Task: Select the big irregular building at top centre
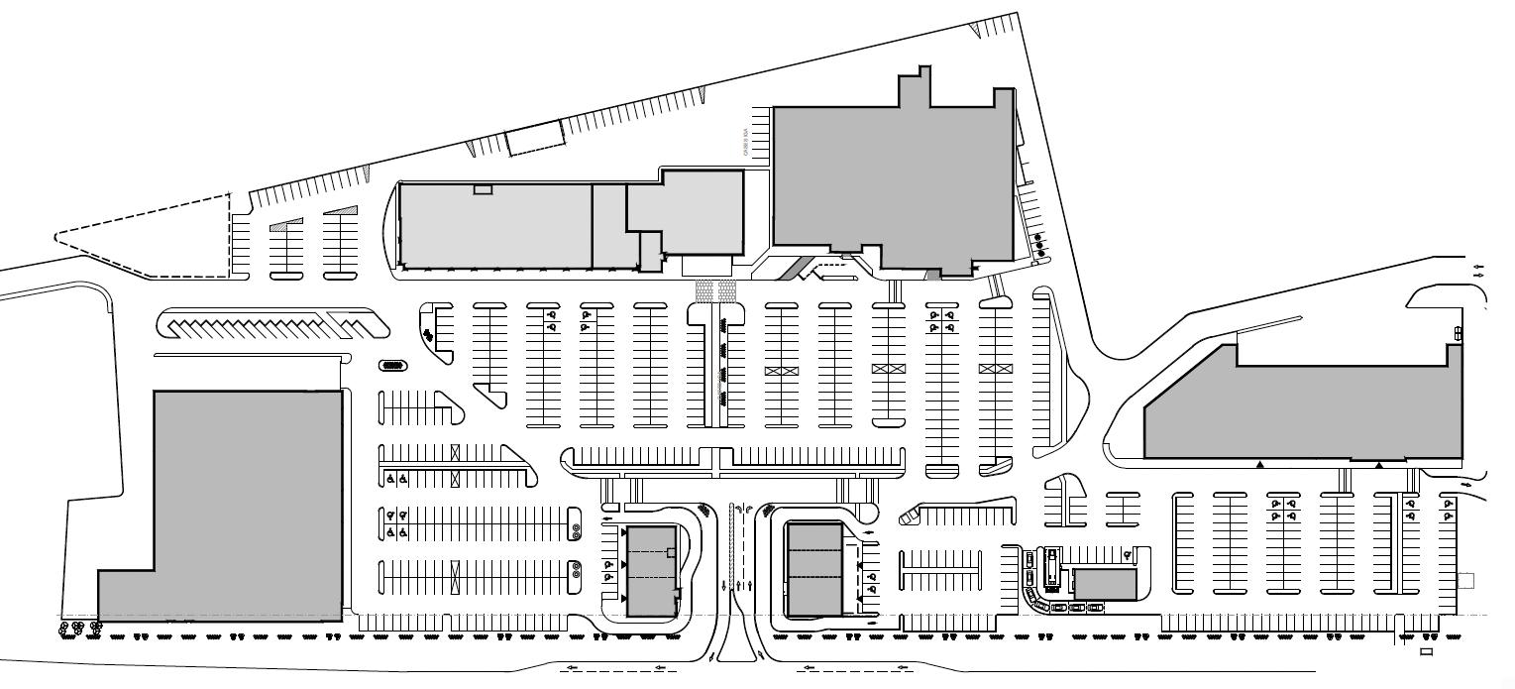click(892, 178)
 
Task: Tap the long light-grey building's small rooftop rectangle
click(483, 189)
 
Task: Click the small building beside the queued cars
click(1105, 584)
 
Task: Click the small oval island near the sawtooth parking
click(392, 366)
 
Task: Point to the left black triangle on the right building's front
click(1260, 464)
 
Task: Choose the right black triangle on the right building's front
click(1378, 464)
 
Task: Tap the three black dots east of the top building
click(1039, 246)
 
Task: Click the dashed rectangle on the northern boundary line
click(535, 139)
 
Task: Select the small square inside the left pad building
click(671, 552)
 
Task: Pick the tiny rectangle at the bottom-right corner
click(1426, 652)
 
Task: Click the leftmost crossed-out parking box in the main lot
click(782, 370)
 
